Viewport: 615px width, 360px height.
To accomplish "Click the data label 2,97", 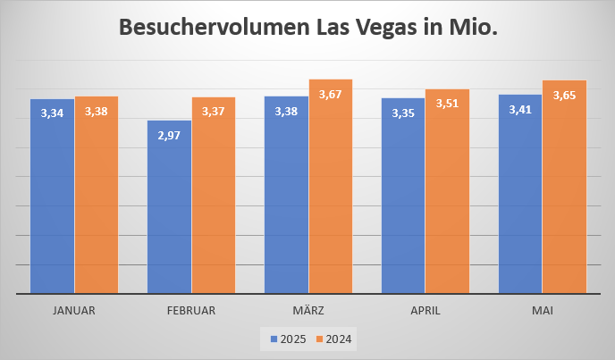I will click(x=169, y=135).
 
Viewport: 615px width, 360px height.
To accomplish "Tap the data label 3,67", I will click(x=331, y=94).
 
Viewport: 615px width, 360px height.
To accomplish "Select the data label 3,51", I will click(x=447, y=104).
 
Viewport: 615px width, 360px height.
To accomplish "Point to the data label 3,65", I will click(x=564, y=95).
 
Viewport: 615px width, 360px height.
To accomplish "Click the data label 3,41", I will click(x=520, y=110).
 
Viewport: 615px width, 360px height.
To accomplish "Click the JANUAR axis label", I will click(x=74, y=311).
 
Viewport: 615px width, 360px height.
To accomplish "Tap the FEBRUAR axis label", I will click(x=191, y=311).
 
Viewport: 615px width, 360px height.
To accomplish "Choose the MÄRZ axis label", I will click(x=308, y=311).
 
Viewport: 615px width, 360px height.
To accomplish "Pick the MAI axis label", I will click(x=542, y=311).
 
